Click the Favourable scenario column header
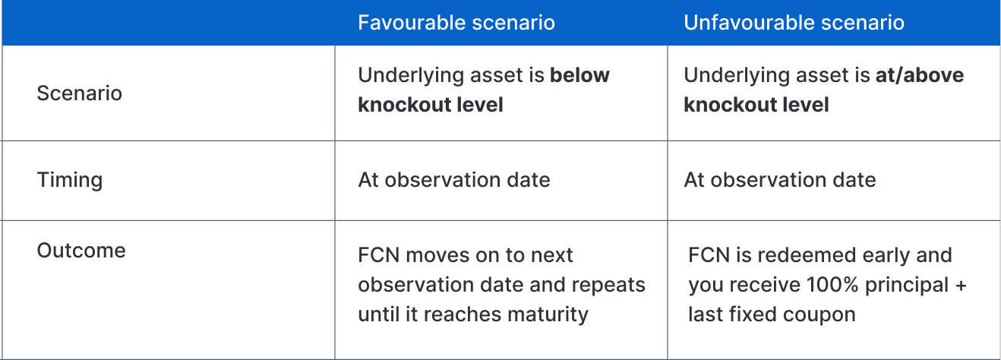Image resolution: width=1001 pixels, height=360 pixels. click(x=456, y=22)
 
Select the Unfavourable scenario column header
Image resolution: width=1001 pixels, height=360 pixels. click(x=794, y=22)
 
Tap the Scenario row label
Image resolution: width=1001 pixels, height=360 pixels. click(x=80, y=93)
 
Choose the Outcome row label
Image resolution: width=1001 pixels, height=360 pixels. click(x=81, y=251)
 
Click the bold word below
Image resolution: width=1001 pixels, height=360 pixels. click(x=579, y=75)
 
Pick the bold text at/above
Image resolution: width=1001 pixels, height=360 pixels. click(x=920, y=75)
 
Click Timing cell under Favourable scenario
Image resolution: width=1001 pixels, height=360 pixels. click(x=454, y=180)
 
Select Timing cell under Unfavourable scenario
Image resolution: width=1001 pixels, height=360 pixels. click(x=780, y=180)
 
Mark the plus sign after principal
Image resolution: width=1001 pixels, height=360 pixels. click(x=961, y=286)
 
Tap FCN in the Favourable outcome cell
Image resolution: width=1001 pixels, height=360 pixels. click(x=378, y=255)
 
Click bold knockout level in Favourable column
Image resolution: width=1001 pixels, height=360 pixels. click(x=431, y=105)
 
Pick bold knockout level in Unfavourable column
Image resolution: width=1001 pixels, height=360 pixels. click(x=756, y=105)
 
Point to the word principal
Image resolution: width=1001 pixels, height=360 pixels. click(x=907, y=286)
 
